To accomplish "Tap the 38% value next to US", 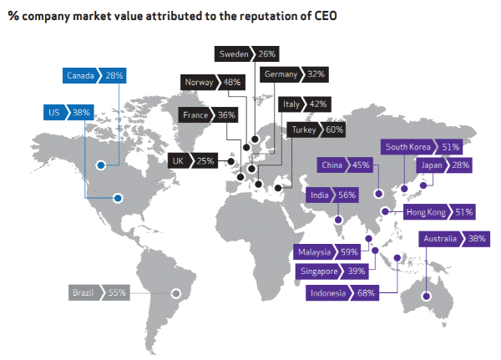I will pos(82,110).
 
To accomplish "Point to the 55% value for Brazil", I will pos(117,292).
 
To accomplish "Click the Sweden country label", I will pos(234,54).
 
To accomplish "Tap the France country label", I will pos(197,115).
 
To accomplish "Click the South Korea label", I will pos(408,147).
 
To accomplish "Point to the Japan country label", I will pos(431,165).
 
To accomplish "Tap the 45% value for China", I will pos(361,165).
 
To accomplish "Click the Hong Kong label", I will pos(425,212).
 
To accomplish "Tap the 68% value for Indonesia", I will pos(364,293).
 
